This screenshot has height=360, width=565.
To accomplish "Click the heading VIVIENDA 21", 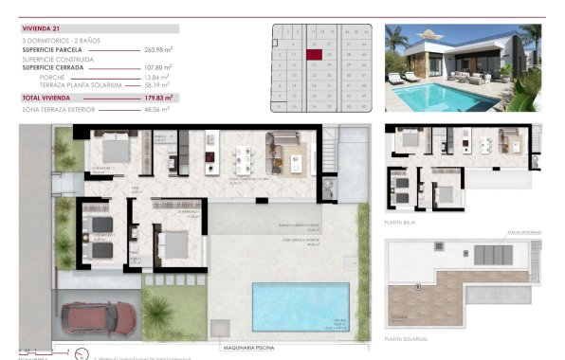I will [40, 29].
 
